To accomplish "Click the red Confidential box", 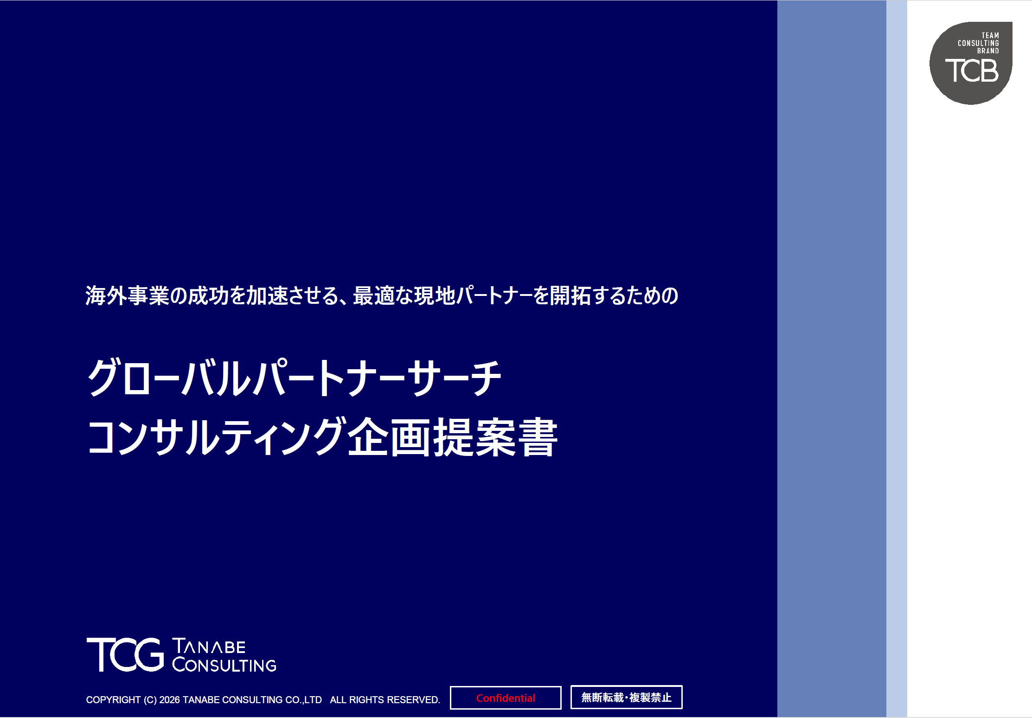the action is (506, 698).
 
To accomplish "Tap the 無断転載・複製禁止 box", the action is (626, 697).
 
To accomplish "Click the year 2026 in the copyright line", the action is (169, 700).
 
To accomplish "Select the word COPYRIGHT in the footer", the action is (113, 700).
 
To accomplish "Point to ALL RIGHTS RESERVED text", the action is (385, 700).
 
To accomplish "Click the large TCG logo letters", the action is (125, 654).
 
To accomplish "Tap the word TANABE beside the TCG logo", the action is (209, 646).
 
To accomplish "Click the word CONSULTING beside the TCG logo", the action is (224, 665).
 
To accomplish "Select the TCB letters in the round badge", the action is (972, 71).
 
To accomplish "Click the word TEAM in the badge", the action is (990, 35).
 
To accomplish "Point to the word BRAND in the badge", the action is (988, 51).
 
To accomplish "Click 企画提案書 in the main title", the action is (453, 437).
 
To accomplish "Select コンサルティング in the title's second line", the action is (216, 437).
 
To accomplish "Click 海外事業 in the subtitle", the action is (127, 295).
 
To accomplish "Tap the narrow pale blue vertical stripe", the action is (897, 359).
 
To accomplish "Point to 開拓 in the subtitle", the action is (570, 295).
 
